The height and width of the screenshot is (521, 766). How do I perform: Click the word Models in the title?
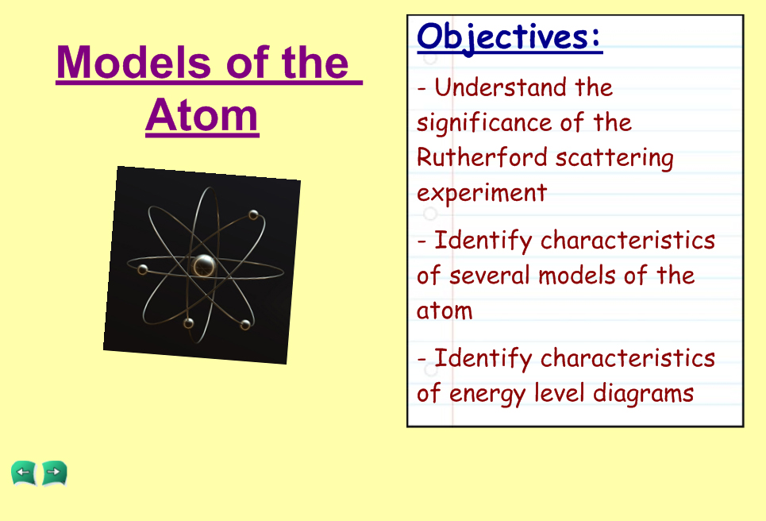(x=134, y=62)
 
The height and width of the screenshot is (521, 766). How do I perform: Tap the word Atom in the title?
(x=202, y=115)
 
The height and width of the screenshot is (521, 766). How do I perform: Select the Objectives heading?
(x=509, y=37)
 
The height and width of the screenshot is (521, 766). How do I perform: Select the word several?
(x=489, y=276)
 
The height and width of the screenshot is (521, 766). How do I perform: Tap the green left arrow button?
(x=24, y=473)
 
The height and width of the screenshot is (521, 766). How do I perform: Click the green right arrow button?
(x=54, y=473)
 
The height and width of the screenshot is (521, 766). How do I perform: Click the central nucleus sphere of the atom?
(x=203, y=266)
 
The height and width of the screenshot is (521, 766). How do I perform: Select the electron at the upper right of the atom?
(x=253, y=214)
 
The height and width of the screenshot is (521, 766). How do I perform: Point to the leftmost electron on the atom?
(x=143, y=269)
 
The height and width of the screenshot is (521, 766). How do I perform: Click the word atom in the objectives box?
(x=445, y=311)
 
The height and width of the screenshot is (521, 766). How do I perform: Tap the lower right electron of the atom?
(x=245, y=324)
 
